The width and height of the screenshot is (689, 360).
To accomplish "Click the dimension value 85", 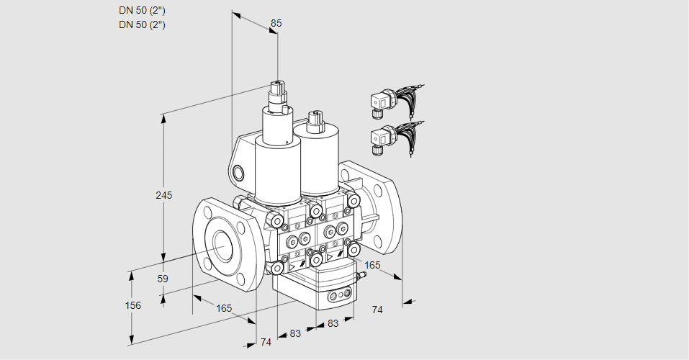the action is (x=276, y=23).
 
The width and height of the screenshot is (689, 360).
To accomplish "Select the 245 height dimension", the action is (x=164, y=195).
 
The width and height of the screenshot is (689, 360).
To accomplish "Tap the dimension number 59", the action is (x=163, y=279).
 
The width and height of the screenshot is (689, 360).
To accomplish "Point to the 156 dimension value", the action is (x=132, y=305).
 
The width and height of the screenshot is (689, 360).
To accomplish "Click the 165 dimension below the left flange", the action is (x=224, y=308).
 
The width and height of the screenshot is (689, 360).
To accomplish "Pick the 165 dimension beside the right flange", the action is (x=372, y=265).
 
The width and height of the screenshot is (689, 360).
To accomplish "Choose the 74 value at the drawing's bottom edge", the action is (x=266, y=342).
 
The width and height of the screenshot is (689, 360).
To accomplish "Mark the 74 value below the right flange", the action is (x=377, y=310).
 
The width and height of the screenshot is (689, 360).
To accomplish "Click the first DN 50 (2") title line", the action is (x=142, y=11).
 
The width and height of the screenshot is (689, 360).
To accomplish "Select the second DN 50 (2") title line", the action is (x=142, y=24).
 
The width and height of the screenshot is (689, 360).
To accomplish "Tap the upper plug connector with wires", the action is (x=395, y=102).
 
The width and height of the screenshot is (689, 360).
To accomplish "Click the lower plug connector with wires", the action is (x=395, y=138).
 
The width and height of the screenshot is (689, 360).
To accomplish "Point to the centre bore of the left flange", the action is (x=224, y=244).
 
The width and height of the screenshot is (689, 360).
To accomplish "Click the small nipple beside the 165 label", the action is (x=361, y=276).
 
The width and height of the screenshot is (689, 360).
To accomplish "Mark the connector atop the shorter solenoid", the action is (x=315, y=122).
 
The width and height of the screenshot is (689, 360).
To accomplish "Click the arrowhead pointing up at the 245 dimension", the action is (x=164, y=119).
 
